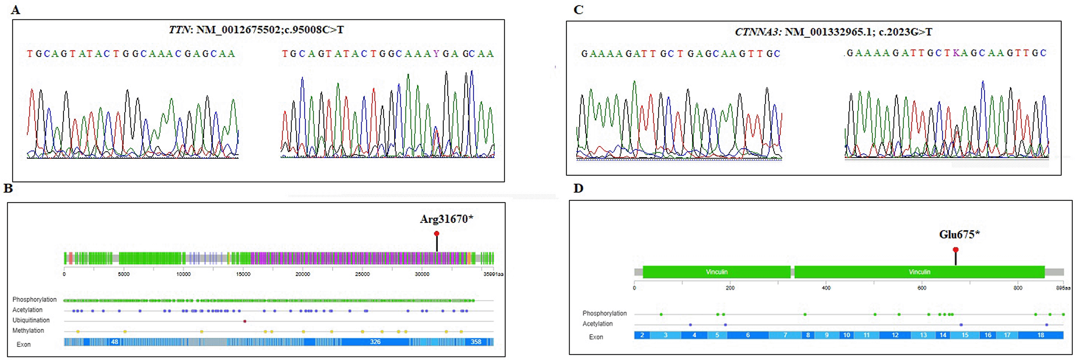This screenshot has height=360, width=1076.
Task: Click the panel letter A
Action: coord(15,10)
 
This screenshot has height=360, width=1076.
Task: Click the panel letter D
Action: coord(578,188)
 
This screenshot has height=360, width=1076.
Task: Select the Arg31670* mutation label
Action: coord(446,219)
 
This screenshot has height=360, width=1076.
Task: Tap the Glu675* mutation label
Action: coord(959,235)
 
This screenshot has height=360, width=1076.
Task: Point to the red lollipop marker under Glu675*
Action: coord(955,250)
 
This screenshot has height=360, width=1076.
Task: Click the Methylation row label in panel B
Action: coord(28,331)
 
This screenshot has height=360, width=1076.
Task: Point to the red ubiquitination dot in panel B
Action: coord(245,321)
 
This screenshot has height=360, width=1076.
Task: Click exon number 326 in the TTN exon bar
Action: coord(375,342)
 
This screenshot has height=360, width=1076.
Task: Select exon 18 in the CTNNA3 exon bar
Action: coord(1040,335)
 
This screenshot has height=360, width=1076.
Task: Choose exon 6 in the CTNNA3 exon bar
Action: coord(748,335)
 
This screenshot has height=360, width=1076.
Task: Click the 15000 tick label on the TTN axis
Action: coord(243,274)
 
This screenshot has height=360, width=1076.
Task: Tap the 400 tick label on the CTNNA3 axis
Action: coord(826,288)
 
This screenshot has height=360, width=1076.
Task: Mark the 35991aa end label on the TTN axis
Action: coord(493,274)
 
